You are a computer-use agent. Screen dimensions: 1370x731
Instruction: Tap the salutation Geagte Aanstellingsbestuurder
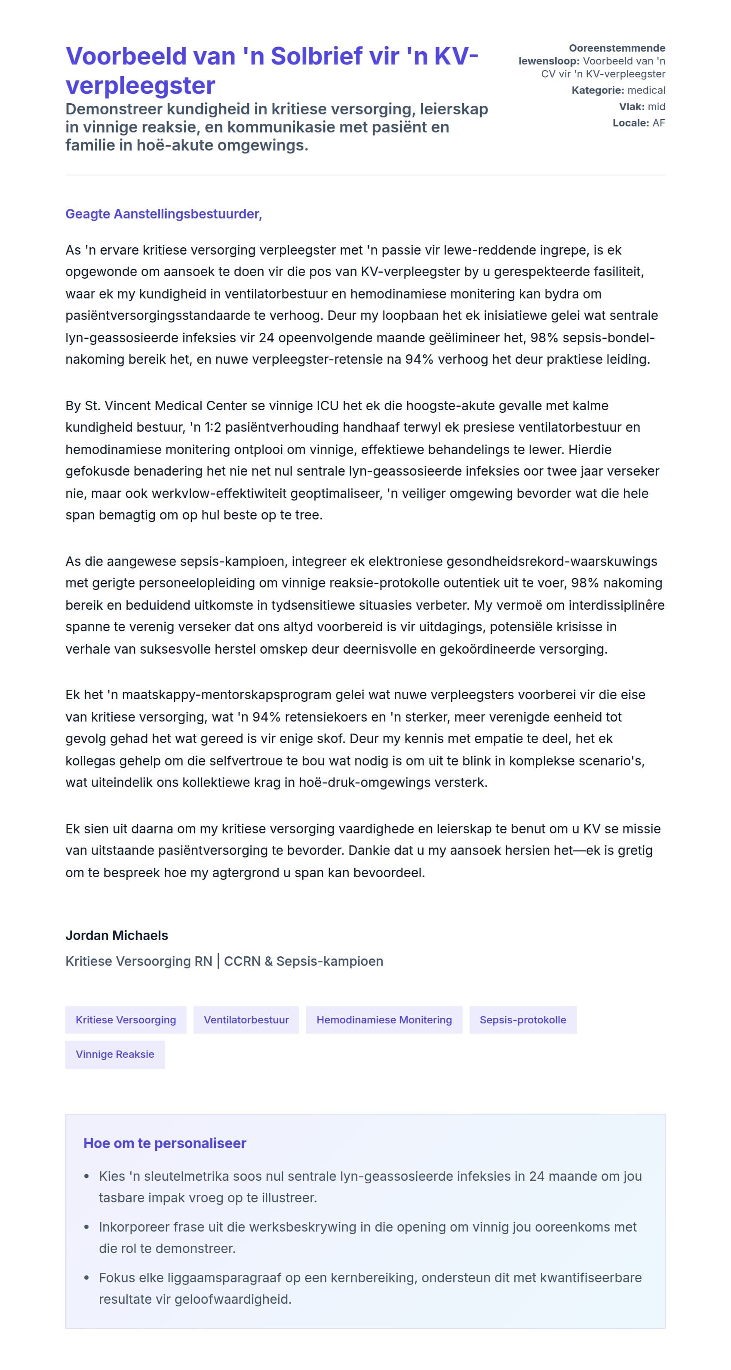tap(163, 214)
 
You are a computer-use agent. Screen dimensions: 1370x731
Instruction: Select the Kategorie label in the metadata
tap(598, 90)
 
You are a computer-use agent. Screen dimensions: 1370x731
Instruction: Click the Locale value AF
tap(659, 123)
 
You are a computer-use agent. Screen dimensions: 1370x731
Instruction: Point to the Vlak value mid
tap(656, 106)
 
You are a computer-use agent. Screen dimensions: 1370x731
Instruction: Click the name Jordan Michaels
tap(117, 936)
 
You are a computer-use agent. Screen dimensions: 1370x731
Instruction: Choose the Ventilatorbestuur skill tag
tap(246, 1020)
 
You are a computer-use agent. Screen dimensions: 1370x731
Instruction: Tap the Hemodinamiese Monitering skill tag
tap(384, 1020)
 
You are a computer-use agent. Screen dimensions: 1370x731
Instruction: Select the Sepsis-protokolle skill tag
tap(522, 1020)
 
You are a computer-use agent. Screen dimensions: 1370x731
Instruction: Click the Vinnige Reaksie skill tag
tap(115, 1054)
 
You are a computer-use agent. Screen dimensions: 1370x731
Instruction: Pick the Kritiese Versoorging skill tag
tap(126, 1020)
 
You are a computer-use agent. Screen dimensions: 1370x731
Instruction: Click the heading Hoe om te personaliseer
tap(165, 1143)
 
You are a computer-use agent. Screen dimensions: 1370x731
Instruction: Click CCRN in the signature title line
tap(242, 961)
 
